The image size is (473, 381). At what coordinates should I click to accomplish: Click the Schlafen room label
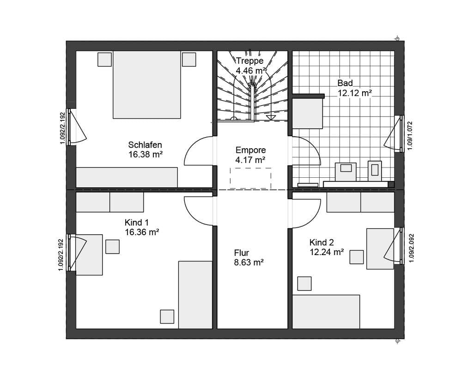[x=145, y=144]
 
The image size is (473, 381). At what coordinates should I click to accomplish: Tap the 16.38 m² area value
[x=146, y=155]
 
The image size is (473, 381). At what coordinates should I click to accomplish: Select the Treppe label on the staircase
[x=249, y=61]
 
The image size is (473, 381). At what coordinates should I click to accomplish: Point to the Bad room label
[x=345, y=83]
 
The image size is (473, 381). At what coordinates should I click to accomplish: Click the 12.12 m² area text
[x=354, y=93]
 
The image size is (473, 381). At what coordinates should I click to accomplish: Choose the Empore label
[x=251, y=150]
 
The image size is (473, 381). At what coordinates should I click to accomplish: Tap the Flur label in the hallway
[x=241, y=253]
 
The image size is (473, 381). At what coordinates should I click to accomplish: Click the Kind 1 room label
[x=137, y=223]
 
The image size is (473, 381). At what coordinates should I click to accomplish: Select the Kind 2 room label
[x=321, y=243]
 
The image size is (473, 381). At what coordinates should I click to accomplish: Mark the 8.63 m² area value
[x=249, y=262]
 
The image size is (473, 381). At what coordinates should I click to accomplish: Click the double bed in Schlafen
[x=147, y=85]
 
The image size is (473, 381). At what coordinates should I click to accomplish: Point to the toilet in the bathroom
[x=375, y=171]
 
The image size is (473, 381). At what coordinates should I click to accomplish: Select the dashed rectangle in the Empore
[x=251, y=178]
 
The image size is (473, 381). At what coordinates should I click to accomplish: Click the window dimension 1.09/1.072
[x=410, y=136]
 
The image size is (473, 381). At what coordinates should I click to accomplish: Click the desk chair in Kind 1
[x=113, y=246]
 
